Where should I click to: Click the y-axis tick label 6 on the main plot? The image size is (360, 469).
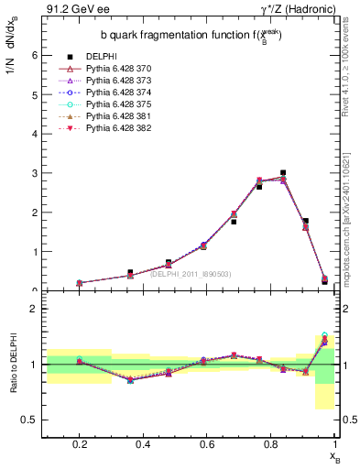pyautogui.click(x=35, y=55)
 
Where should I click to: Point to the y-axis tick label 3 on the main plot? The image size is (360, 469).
pyautogui.click(x=35, y=173)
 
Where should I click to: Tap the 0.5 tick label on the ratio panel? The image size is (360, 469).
pyautogui.click(x=30, y=420)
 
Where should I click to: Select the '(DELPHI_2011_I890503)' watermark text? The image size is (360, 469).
pyautogui.click(x=190, y=273)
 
